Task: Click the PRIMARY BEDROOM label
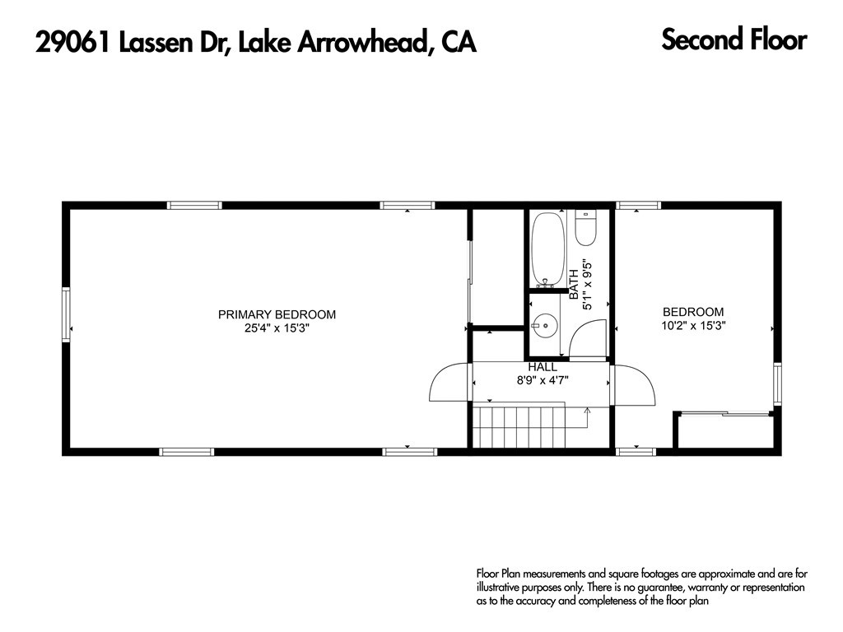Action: [x=277, y=314]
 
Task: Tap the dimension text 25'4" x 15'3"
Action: [x=277, y=328]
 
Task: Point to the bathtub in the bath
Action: [x=547, y=249]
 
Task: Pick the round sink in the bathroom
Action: [x=543, y=325]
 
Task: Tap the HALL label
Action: [x=543, y=366]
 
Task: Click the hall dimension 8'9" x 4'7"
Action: [x=543, y=380]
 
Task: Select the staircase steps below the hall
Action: [x=519, y=425]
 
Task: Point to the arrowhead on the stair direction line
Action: [x=587, y=409]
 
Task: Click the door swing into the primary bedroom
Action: [x=449, y=383]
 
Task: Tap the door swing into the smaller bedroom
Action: [x=633, y=384]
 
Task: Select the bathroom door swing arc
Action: [x=589, y=337]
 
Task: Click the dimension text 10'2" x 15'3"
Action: [x=693, y=325]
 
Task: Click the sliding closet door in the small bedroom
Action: [x=723, y=414]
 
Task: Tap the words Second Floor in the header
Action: [x=734, y=39]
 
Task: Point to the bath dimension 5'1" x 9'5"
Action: [x=587, y=285]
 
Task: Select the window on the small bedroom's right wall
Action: [x=776, y=384]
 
